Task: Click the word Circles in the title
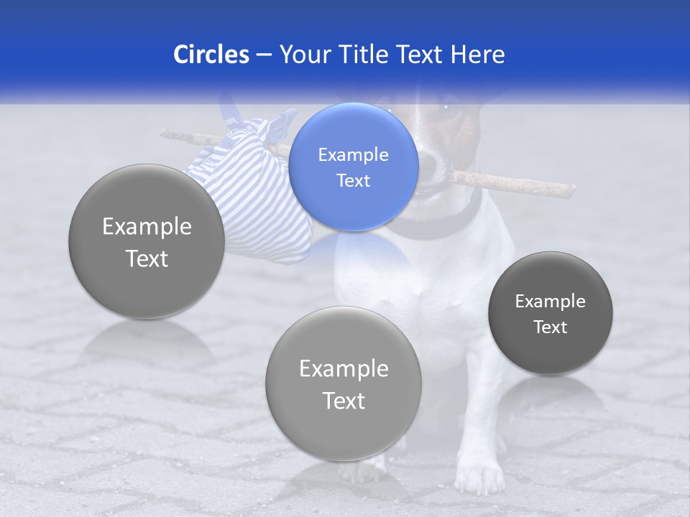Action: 211,55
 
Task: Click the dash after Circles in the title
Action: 264,55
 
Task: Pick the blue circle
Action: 353,167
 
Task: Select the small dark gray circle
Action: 551,313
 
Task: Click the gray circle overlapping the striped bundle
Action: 147,242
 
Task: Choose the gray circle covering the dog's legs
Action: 343,383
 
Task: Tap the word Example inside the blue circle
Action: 353,154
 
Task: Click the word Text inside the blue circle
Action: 353,180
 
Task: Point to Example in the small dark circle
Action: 551,301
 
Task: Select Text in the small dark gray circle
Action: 551,327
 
